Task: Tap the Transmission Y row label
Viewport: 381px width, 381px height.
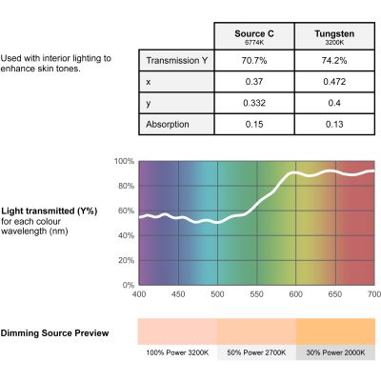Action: (176, 60)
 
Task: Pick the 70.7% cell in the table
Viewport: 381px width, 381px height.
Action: (254, 60)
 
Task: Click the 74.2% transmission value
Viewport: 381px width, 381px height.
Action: (334, 60)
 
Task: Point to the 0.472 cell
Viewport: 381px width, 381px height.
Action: (334, 82)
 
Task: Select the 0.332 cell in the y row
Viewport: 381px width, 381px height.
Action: (254, 103)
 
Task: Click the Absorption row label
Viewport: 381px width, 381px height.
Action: (168, 124)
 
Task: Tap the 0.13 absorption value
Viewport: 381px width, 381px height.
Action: (334, 124)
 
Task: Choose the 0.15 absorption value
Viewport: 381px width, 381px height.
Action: (254, 124)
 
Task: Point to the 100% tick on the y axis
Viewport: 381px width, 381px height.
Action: (125, 161)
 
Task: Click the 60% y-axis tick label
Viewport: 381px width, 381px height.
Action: (126, 211)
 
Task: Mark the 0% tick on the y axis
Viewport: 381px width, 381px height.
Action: (129, 285)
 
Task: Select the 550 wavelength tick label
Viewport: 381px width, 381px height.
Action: (256, 294)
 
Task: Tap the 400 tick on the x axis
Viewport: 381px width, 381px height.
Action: (139, 294)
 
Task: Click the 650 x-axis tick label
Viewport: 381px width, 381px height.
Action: (335, 294)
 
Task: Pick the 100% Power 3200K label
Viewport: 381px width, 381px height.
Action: (177, 352)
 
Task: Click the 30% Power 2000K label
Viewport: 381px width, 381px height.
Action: (335, 352)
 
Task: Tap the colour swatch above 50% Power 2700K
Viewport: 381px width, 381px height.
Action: (256, 331)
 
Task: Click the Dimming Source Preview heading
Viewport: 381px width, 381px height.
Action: (54, 333)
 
